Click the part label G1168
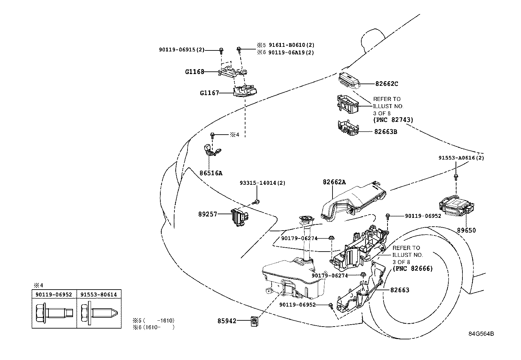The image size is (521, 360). point(194,72)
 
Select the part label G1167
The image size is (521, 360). point(209,93)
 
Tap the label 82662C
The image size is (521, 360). point(386,84)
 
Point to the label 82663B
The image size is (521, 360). point(386,132)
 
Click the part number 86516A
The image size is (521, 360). point(211,173)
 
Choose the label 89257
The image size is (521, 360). point(207,215)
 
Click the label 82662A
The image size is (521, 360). point(334,182)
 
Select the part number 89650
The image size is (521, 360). point(466,230)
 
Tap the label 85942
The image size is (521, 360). point(227,321)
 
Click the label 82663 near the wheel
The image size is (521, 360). point(400,290)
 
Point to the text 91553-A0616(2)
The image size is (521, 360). point(461,158)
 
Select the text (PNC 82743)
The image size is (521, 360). point(393,120)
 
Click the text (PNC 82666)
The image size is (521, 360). point(412,269)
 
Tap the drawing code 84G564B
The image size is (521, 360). point(481,334)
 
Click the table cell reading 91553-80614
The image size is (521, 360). point(99,294)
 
